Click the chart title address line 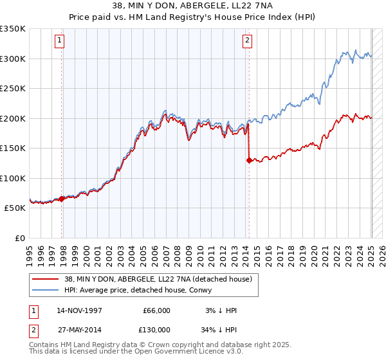click(x=193, y=7)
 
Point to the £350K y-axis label click(x=13, y=29)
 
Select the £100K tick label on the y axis click(x=13, y=178)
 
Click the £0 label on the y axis click(x=21, y=238)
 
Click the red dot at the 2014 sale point click(x=248, y=161)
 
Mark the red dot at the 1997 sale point click(x=62, y=199)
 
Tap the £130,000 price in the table click(x=156, y=329)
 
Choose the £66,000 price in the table click(x=156, y=310)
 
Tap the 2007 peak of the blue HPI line click(x=165, y=111)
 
